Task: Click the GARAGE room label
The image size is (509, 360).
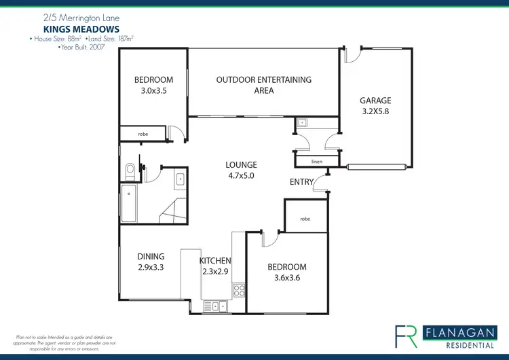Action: [x=376, y=101]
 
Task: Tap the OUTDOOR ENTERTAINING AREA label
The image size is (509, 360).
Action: [x=264, y=79]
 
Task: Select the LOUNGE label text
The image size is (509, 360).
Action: [x=242, y=164]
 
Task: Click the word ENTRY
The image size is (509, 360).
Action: [x=301, y=181]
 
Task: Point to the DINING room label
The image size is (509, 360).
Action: [x=151, y=256]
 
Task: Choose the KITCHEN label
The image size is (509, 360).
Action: [x=215, y=261]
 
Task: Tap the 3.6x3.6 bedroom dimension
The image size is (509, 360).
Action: [x=287, y=278]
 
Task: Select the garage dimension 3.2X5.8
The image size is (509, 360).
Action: [x=376, y=111]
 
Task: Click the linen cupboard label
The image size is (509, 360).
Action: [x=316, y=162]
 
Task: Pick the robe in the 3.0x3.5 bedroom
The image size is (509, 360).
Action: [x=143, y=134]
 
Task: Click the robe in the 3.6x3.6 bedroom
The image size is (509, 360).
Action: [x=305, y=219]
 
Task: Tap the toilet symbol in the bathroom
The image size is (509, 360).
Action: [x=130, y=168]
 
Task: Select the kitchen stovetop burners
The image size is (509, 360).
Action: [x=239, y=291]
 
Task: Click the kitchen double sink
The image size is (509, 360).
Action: [x=219, y=306]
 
